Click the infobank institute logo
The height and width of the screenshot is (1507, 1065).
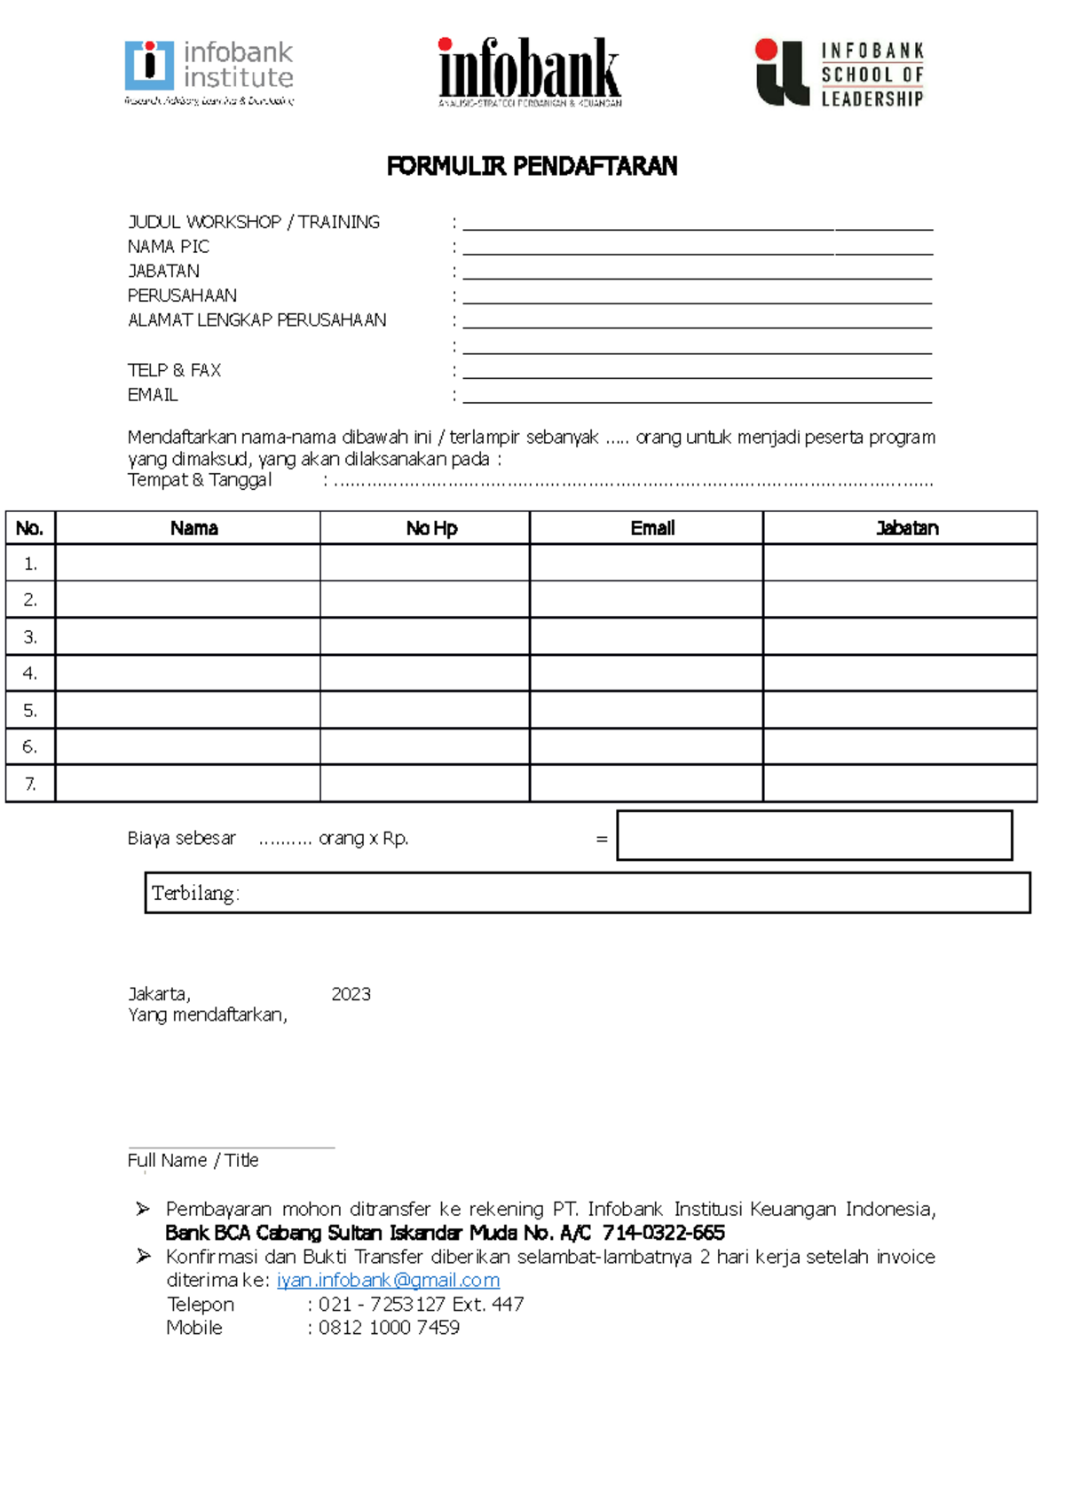[x=209, y=72]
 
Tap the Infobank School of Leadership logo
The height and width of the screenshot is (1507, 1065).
[x=840, y=74]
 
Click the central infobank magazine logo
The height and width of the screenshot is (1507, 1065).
[x=530, y=71]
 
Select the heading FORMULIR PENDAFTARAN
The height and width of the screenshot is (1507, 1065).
[x=532, y=166]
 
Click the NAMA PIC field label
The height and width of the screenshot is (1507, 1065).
[x=169, y=247]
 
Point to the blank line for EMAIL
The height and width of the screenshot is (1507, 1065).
[x=697, y=396]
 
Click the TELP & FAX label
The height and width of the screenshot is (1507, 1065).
[x=174, y=370]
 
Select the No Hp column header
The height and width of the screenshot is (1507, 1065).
[x=431, y=528]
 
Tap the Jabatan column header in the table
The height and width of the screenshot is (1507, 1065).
[x=906, y=528]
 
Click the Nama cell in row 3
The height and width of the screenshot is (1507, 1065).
[x=187, y=636]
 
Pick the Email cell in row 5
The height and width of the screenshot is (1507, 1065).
[x=646, y=710]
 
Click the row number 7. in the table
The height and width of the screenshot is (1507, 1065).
[x=30, y=784]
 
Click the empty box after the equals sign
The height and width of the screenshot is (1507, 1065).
[x=814, y=835]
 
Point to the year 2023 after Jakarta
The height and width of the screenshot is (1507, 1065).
[x=351, y=994]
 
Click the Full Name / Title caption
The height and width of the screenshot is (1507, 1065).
[x=193, y=1160]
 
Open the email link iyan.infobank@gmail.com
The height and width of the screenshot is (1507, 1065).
[x=388, y=1280]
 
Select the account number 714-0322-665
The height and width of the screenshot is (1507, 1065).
[x=663, y=1233]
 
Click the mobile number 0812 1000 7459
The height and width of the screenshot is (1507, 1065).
[x=389, y=1328]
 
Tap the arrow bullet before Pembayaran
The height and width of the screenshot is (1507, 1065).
[x=143, y=1209]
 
